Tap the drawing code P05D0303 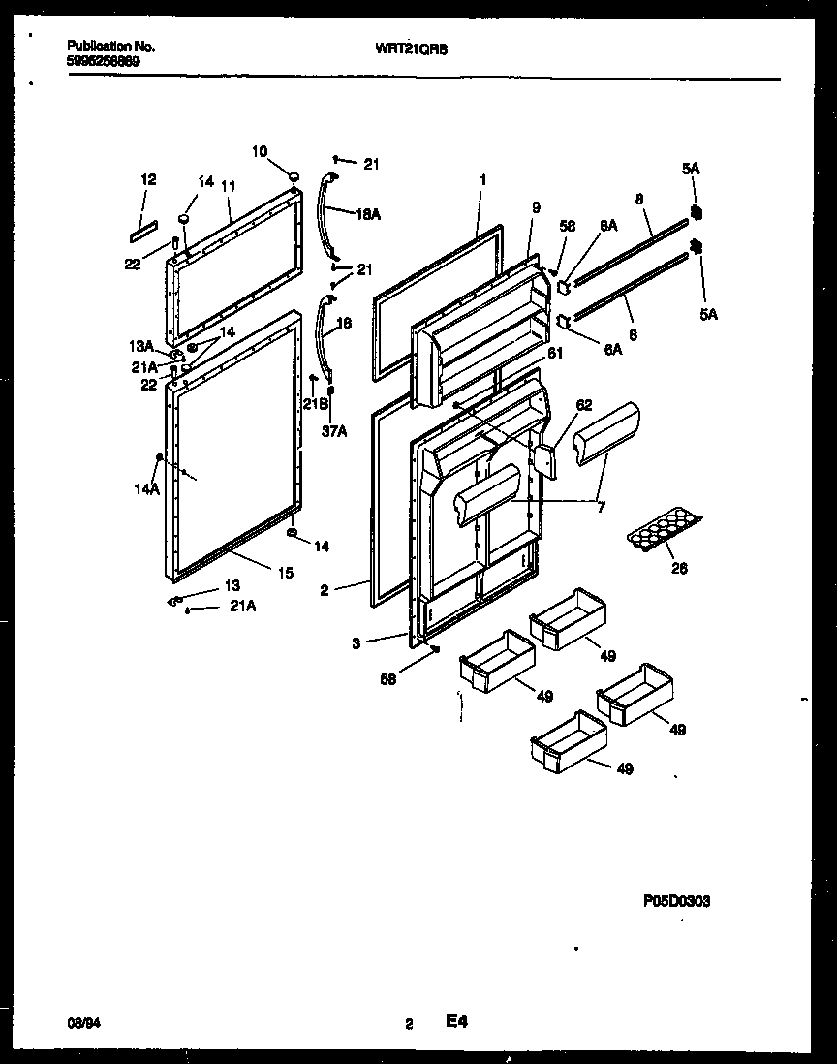[676, 901]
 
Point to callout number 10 [260, 150]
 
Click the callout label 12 [148, 179]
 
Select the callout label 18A [368, 214]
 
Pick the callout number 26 [679, 569]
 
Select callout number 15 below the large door [285, 574]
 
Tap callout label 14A [146, 490]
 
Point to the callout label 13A [143, 347]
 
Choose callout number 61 [555, 354]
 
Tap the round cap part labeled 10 [289, 172]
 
